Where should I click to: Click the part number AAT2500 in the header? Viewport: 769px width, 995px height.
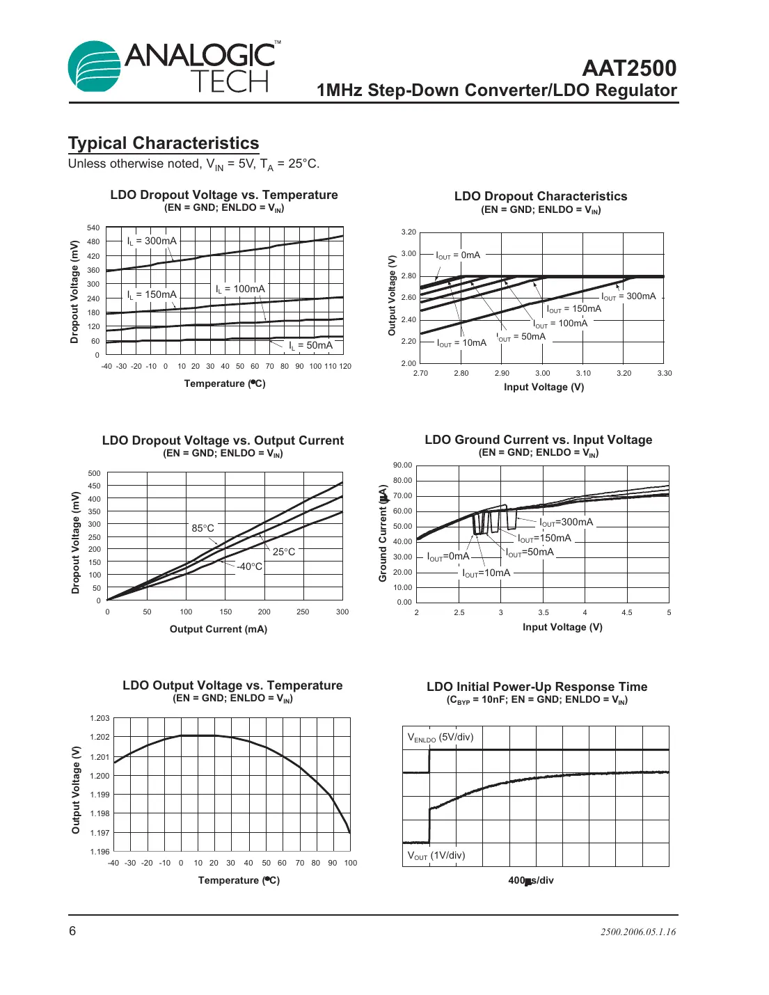click(628, 68)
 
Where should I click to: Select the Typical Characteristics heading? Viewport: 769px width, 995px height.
click(164, 143)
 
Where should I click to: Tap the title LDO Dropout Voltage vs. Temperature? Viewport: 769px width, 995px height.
click(224, 195)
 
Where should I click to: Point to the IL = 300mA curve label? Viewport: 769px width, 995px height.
click(152, 241)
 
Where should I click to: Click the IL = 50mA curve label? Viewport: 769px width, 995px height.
click(311, 345)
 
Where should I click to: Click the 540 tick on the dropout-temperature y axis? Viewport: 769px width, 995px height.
click(93, 228)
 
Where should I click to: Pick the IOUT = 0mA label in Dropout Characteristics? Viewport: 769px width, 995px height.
click(458, 255)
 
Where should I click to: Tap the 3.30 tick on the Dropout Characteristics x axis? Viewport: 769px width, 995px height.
click(665, 373)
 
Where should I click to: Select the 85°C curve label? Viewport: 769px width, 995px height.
click(203, 529)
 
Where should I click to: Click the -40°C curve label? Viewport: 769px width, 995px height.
click(249, 566)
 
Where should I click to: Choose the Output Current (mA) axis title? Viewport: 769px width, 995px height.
click(219, 629)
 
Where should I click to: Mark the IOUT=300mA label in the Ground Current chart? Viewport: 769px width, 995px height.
click(566, 523)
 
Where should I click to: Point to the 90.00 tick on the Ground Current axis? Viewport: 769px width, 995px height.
click(402, 465)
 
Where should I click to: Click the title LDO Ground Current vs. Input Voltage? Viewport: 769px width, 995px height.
click(539, 440)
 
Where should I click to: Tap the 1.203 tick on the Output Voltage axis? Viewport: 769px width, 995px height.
click(100, 718)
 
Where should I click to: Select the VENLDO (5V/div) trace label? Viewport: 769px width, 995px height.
click(441, 738)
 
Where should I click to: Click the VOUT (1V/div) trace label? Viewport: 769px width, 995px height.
click(436, 856)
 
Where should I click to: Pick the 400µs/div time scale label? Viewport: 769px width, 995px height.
click(531, 880)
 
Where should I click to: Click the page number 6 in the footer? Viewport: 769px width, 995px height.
click(72, 931)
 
